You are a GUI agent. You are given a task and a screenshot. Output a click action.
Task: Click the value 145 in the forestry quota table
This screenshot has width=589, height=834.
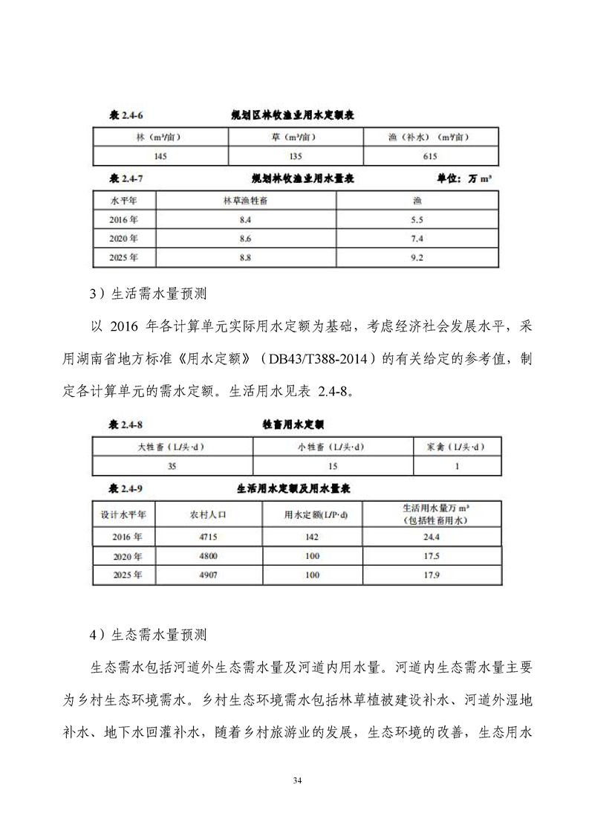click(159, 156)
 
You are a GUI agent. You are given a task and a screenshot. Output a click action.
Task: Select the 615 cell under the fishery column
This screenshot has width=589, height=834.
click(429, 156)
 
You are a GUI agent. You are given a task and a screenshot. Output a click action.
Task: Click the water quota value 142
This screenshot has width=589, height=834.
click(311, 536)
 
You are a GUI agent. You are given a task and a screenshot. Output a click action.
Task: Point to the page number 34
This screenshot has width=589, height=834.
click(297, 780)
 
